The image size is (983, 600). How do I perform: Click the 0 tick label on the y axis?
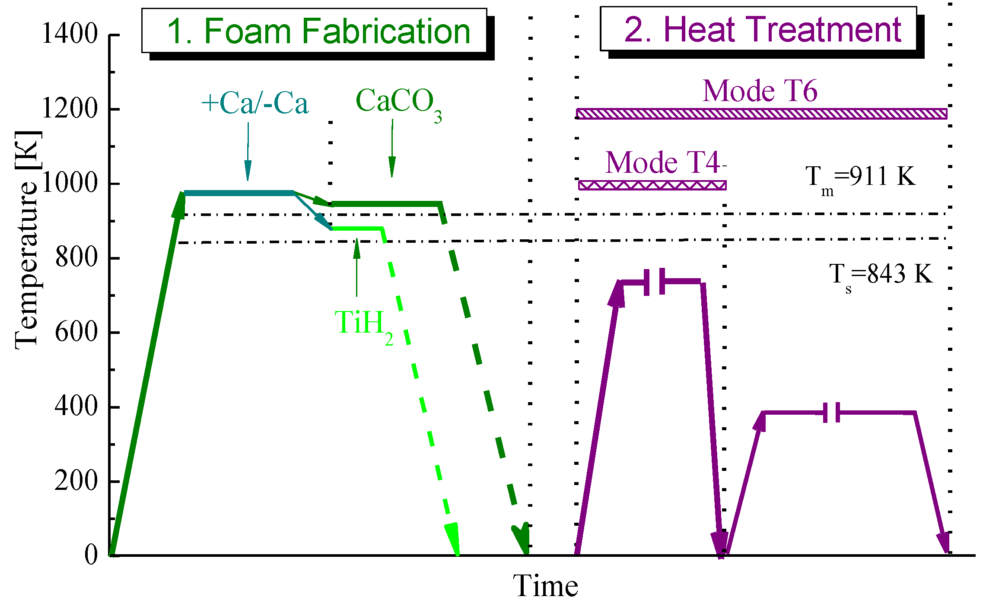tap(91, 555)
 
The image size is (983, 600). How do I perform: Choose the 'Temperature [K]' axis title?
tap(27, 240)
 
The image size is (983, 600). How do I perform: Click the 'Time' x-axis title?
tap(545, 586)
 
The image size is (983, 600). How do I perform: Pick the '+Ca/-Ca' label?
tap(255, 104)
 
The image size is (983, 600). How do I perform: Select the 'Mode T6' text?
tap(760, 91)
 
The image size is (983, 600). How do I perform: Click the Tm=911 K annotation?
tap(860, 178)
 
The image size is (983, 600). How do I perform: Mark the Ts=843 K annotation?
tap(881, 276)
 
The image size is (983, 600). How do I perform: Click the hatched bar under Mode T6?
tap(762, 114)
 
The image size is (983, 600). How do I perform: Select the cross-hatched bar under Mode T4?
tap(652, 185)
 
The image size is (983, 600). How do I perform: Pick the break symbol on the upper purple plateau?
tap(654, 282)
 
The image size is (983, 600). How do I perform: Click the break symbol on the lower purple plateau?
tap(831, 413)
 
